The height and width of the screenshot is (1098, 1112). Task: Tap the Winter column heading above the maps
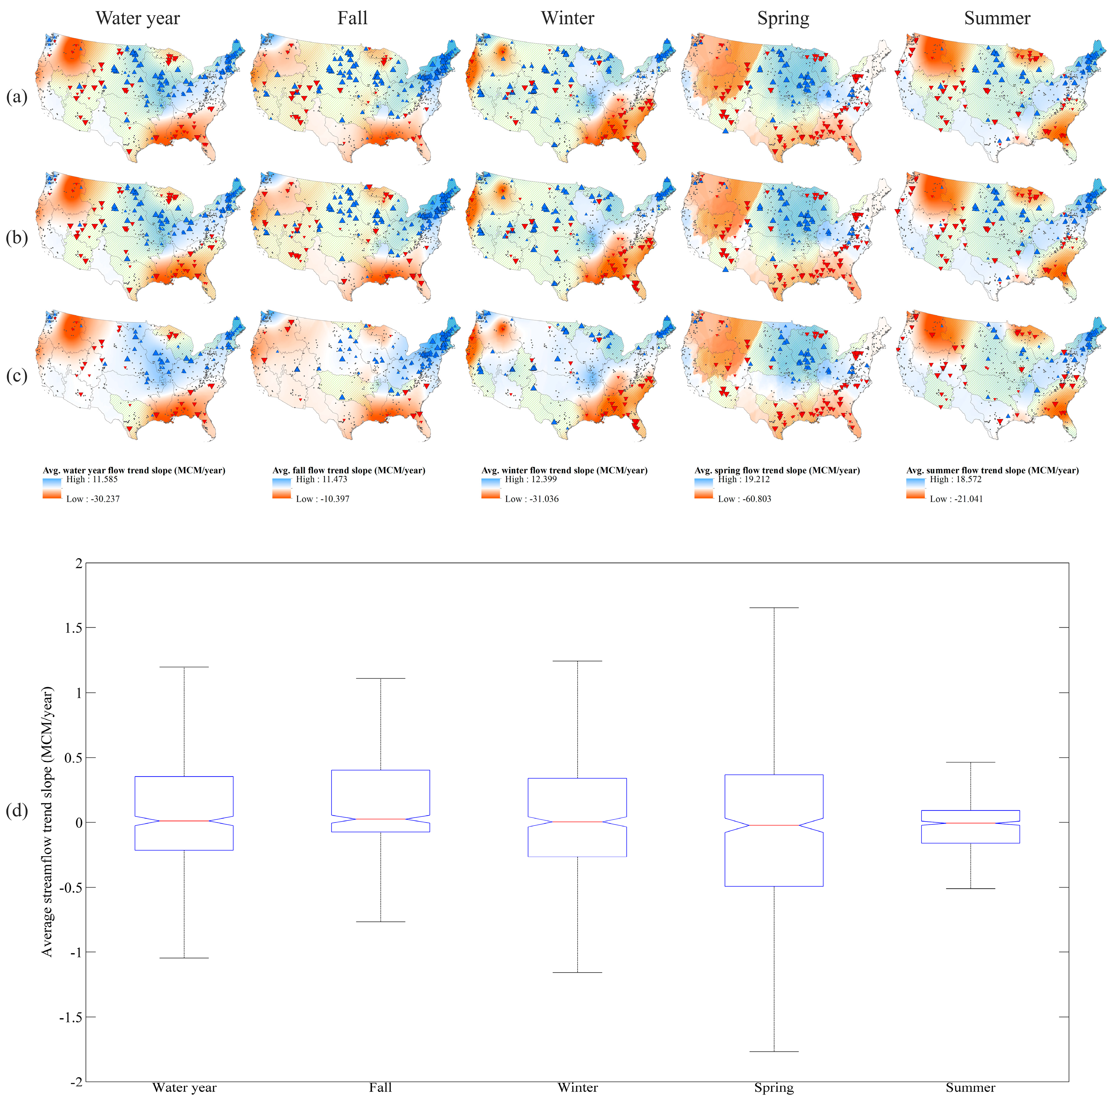(568, 18)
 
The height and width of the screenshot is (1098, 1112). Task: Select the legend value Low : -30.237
(93, 499)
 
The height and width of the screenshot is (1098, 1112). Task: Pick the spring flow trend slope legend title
(777, 470)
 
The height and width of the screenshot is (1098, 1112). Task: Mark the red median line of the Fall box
(380, 819)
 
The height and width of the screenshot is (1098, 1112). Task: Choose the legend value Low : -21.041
(956, 499)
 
